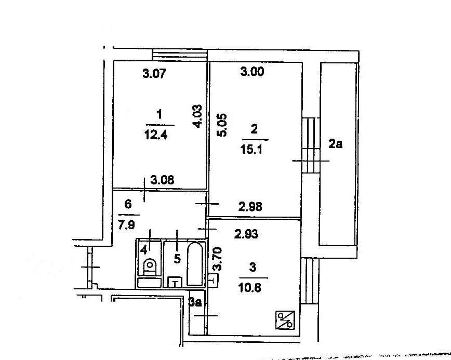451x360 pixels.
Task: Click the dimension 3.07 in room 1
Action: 154,73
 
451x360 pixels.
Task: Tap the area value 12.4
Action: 156,135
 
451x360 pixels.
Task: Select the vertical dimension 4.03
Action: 197,116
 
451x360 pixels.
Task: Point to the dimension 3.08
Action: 162,180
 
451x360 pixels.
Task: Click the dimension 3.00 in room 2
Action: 252,71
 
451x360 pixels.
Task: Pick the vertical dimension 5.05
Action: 222,125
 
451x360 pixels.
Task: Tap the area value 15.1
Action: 251,149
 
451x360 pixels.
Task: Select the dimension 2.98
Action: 250,207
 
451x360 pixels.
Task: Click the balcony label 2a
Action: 335,144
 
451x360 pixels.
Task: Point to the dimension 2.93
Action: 246,234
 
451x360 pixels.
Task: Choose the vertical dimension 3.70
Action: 217,259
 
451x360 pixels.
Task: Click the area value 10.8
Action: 250,288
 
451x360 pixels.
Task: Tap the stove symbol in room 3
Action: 285,320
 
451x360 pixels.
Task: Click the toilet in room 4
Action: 150,267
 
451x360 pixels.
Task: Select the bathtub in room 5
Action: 195,264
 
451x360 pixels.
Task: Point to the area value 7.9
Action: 126,224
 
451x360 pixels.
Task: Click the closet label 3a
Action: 195,302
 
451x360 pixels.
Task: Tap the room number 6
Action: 128,204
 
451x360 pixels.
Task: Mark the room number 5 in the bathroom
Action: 177,259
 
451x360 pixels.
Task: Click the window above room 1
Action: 180,55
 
